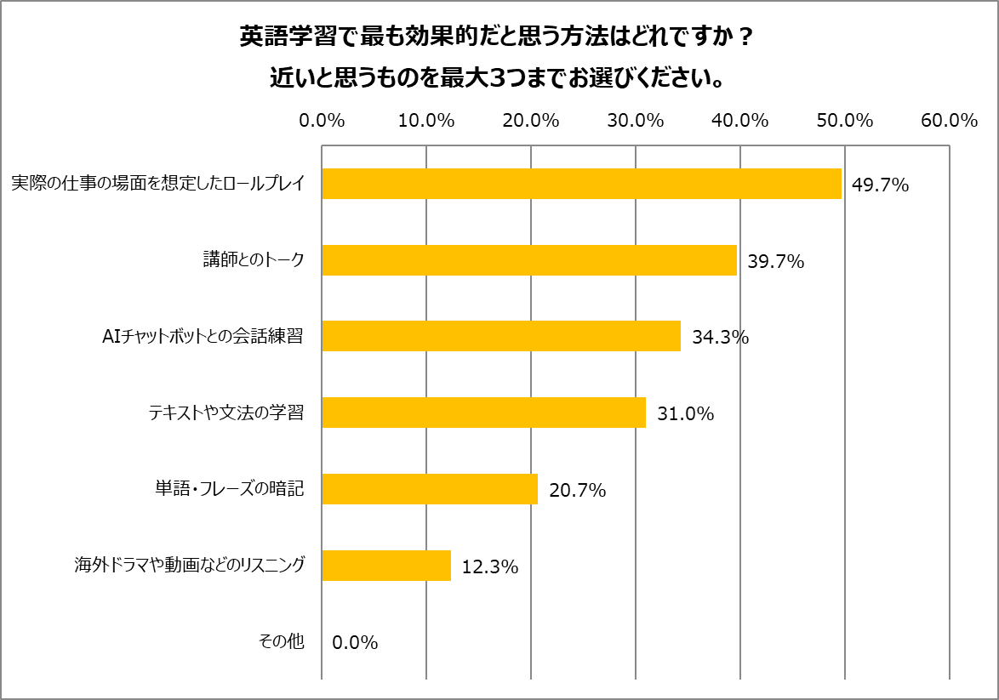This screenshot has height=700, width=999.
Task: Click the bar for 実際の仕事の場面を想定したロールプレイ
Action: pos(581,184)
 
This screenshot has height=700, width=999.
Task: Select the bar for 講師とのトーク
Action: pos(529,260)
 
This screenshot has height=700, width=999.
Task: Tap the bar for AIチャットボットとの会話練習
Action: pos(501,336)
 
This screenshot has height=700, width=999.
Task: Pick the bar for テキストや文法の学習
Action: pos(483,413)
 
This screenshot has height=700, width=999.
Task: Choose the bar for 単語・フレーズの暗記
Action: pos(430,489)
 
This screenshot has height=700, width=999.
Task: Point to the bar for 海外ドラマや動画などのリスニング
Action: pos(386,566)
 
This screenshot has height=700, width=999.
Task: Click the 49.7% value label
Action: pos(880,185)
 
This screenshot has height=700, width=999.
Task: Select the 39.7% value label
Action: pos(775,261)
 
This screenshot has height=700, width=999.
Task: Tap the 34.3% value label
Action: pos(720,338)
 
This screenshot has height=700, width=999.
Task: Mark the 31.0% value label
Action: pos(685,414)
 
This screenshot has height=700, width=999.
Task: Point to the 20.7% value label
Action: pos(577,491)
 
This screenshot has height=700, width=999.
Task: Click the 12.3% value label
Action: pos(489,566)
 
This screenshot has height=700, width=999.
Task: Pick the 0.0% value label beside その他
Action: pos(355,643)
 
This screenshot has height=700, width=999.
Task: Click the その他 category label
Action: pos(281,642)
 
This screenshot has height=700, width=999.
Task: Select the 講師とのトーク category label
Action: pos(253,260)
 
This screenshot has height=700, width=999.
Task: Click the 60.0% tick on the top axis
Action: pos(949,121)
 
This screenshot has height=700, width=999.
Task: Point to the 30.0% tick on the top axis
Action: pos(636,121)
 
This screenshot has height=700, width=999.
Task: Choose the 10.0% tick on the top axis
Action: pos(426,121)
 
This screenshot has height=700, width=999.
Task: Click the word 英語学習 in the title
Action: pos(275,38)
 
